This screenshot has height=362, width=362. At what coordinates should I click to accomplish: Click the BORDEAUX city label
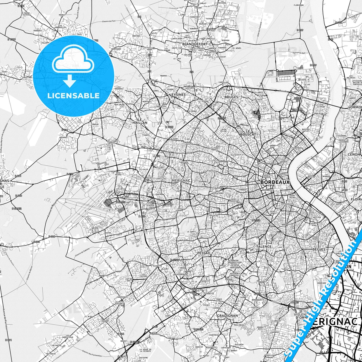pos(275,182)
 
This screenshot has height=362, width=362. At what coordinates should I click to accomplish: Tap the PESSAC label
pos(203,253)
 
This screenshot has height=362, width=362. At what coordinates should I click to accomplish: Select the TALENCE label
pos(264,247)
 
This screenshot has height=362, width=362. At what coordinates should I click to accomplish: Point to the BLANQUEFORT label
pos(195,44)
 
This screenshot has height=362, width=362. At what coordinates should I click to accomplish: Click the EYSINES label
pos(179,95)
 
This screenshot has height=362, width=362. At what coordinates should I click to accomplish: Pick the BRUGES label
pos(231,97)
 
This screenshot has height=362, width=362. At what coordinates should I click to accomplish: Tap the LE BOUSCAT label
pos(248,133)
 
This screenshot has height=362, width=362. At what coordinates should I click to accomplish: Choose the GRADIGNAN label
pos(227,316)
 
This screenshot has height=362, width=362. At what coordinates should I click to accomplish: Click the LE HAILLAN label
pos(140,121)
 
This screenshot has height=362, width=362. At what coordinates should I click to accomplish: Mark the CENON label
pos(354,154)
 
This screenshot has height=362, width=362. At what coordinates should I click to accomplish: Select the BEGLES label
pos(319,249)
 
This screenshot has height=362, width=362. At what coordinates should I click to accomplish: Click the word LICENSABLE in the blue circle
pos(73,95)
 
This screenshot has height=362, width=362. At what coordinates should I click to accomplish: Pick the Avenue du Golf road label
pos(299,53)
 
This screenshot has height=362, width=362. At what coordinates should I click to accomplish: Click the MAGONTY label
pos(102,276)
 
